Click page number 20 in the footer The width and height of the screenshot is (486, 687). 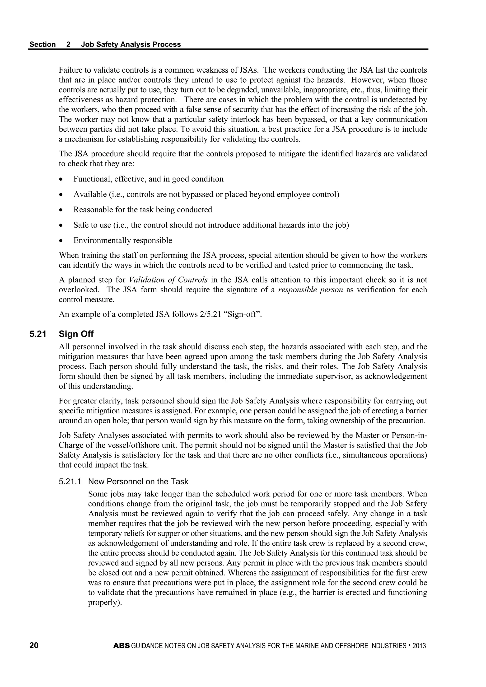34,646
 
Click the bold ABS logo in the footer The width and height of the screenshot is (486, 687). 122,646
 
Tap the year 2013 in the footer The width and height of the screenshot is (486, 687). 419,646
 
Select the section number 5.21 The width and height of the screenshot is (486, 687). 38,334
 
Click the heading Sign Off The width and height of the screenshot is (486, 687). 76,334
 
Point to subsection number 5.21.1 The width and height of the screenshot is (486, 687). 70,481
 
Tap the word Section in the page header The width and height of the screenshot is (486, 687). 42,44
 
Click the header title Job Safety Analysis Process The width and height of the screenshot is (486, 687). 131,44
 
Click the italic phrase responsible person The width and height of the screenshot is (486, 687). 310,290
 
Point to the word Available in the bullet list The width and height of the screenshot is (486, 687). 90,195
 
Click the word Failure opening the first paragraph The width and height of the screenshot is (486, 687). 71,70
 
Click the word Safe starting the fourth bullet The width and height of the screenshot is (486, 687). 80,225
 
